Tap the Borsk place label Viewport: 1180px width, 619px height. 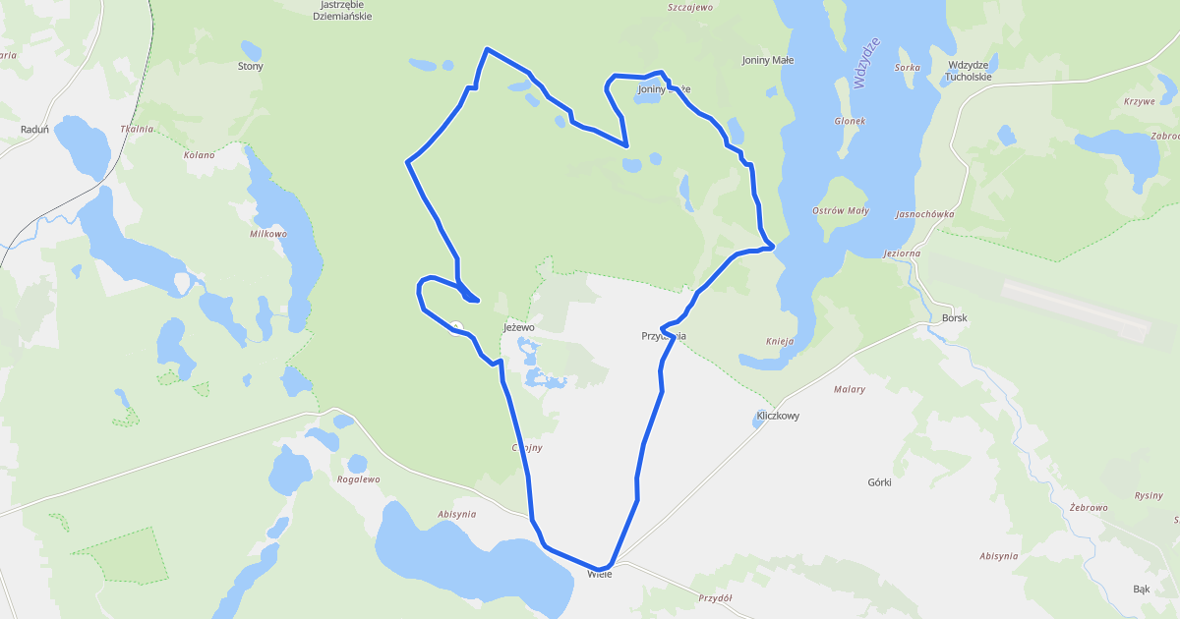point(954,318)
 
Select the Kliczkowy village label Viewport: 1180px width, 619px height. point(778,416)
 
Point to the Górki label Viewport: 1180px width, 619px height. point(879,482)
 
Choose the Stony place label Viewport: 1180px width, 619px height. point(251,67)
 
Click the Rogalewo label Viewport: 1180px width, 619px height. point(358,479)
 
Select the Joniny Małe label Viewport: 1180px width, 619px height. point(767,60)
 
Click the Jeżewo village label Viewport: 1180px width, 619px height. point(518,326)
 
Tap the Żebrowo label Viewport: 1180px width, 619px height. point(1089,507)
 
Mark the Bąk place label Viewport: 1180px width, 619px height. point(1141,590)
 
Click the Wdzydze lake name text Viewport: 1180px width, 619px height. point(866,64)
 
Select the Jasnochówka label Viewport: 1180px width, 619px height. point(924,213)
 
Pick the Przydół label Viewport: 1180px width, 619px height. point(717,597)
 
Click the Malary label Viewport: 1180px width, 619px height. point(849,389)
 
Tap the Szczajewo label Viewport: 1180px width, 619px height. point(689,7)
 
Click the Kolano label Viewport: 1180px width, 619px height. point(199,155)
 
